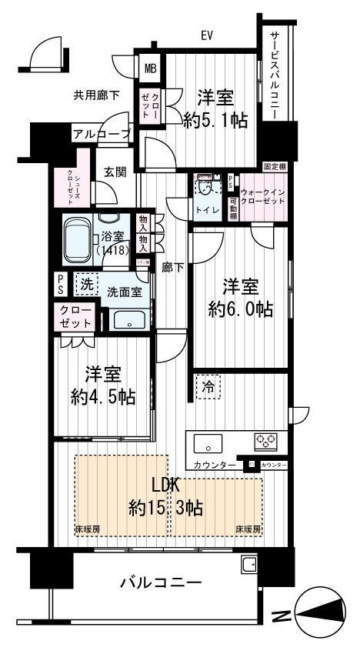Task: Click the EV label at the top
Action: point(207,35)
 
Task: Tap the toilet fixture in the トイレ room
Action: point(205,187)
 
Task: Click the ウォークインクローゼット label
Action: point(262,195)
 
